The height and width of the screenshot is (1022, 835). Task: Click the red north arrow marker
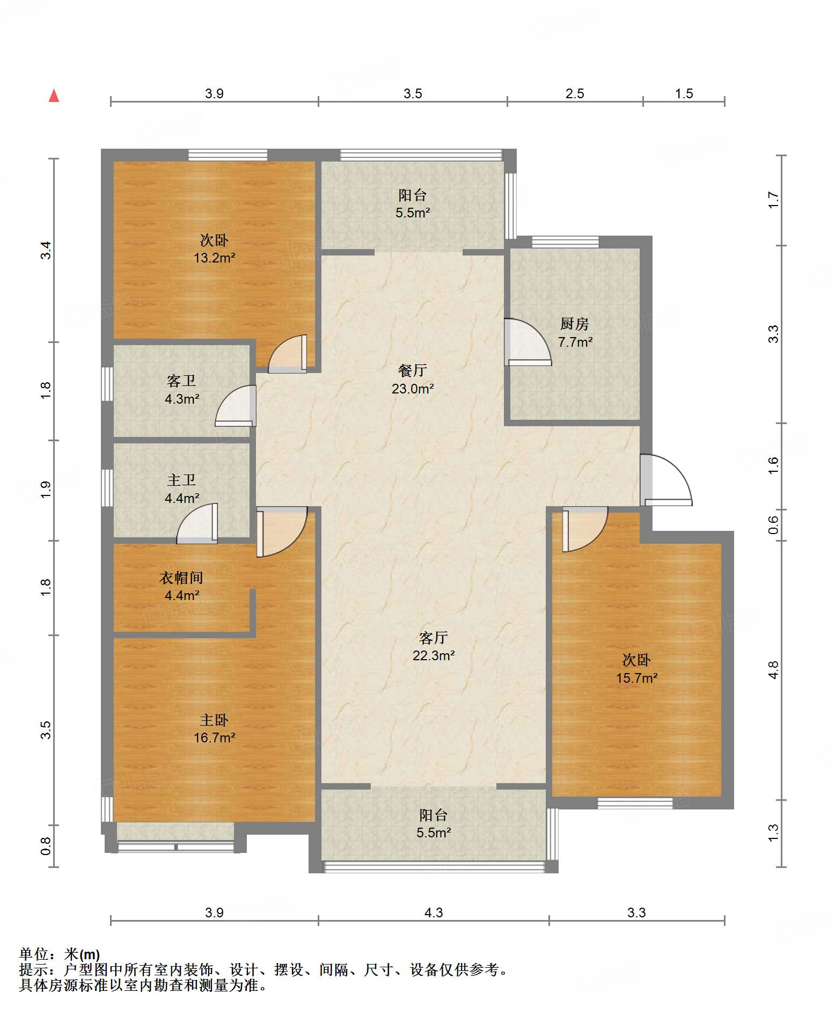54,96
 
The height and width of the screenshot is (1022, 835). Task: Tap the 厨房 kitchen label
575,324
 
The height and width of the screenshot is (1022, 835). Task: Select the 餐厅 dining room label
413,370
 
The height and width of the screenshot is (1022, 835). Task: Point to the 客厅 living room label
434,638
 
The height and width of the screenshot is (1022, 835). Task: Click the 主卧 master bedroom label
214,720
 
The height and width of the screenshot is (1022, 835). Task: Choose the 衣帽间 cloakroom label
181,578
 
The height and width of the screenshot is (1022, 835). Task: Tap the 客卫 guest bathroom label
181,381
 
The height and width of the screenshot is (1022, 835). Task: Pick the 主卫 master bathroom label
181,480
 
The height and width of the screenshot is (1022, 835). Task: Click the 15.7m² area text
636,678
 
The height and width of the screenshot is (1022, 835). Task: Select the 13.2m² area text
214,258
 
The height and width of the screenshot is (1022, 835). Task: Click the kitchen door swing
528,342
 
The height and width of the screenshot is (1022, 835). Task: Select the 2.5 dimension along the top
575,94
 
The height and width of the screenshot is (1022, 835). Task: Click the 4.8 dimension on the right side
773,670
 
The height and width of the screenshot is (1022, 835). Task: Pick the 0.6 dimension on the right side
773,525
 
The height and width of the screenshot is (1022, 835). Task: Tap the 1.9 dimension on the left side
46,490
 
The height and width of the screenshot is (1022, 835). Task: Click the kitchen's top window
566,242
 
